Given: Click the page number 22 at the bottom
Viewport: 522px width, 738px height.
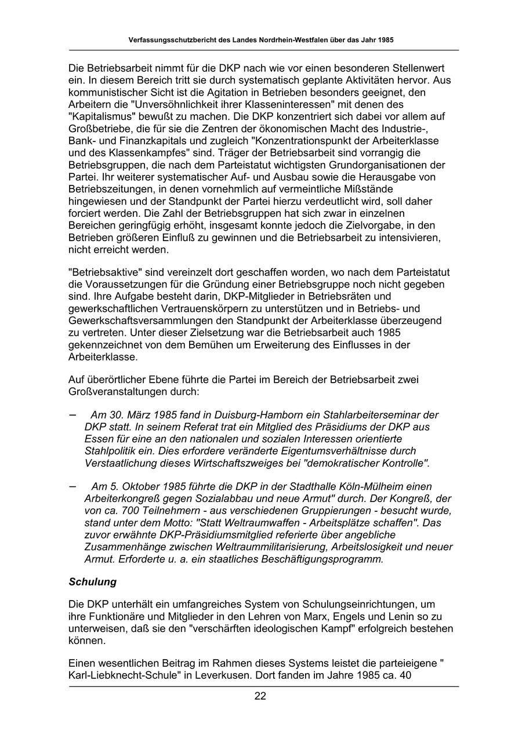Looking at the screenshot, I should [x=260, y=696].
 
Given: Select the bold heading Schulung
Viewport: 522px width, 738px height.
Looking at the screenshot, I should [x=93, y=581].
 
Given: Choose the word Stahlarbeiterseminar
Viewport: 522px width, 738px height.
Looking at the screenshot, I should [x=371, y=415].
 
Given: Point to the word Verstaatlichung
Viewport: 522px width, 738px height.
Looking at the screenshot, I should [x=119, y=463].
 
